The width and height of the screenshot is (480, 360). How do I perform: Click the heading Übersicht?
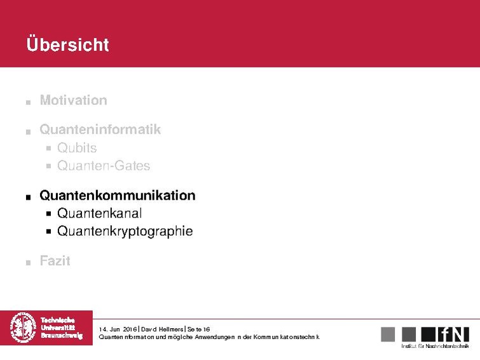[68, 45]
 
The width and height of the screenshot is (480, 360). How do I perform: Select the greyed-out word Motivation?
[73, 100]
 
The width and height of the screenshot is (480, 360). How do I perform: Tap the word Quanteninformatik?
[100, 130]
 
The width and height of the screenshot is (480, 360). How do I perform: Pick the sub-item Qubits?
[77, 148]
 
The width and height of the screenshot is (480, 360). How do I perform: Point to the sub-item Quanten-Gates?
[104, 166]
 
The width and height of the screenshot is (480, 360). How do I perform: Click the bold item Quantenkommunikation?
[117, 195]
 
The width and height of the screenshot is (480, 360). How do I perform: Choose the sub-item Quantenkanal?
[99, 213]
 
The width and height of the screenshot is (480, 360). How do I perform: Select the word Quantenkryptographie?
[125, 231]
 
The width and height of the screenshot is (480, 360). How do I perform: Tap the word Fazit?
[55, 261]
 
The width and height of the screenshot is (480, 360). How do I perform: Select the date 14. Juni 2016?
[118, 329]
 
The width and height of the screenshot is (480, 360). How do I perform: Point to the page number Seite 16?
[198, 329]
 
